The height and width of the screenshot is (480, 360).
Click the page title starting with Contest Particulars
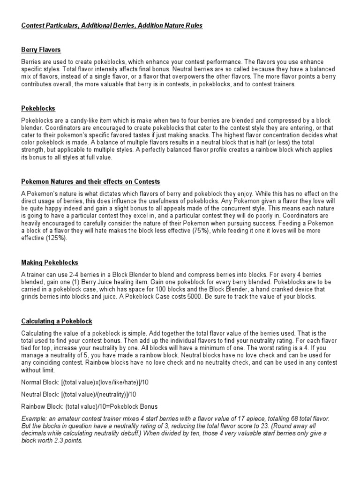112,25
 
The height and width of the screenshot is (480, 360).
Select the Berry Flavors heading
41,49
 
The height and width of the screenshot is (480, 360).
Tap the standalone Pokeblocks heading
38,108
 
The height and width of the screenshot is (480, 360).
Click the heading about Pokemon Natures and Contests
91,181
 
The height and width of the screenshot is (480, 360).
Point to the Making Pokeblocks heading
50,262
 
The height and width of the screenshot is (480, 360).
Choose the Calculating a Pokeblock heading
57,321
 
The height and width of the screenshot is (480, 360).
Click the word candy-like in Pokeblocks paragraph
73,120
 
